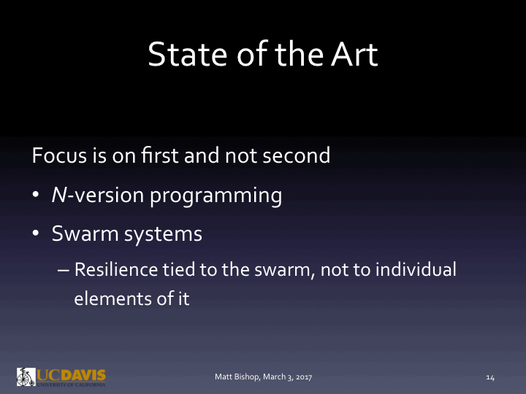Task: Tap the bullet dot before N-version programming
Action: click(37, 196)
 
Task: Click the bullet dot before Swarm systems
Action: click(37, 235)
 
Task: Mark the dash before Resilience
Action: click(63, 270)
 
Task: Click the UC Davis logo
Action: click(61, 376)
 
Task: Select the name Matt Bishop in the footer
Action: click(235, 377)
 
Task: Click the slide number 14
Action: click(490, 377)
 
